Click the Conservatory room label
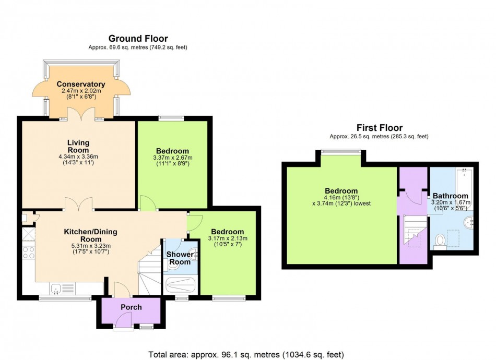81,84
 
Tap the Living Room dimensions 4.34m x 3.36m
79,157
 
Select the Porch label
131,307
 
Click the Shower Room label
179,258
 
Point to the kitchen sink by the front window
58,287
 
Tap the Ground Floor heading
138,39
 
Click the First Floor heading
379,128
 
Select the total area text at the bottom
246,354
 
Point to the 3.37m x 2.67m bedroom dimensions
173,158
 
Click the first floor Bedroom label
341,191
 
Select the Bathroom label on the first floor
450,196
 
